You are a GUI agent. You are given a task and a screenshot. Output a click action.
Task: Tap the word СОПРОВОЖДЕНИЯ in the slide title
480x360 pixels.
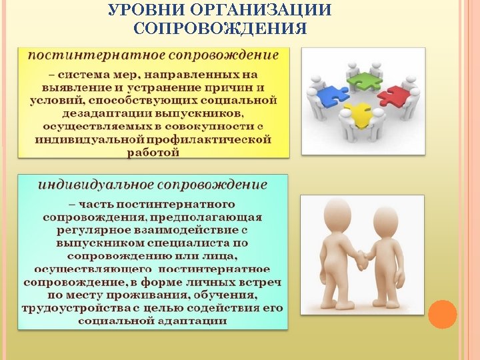(220, 29)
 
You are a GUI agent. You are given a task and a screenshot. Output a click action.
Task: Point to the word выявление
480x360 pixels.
(71, 87)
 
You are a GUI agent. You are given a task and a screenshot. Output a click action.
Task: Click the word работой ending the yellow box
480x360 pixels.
(153, 152)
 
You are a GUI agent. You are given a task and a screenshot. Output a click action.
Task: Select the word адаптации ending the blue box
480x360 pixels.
(191, 321)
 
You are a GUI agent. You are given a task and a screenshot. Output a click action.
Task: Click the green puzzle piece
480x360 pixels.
(365, 78)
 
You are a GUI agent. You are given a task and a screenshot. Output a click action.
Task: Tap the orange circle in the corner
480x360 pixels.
(442, 314)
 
